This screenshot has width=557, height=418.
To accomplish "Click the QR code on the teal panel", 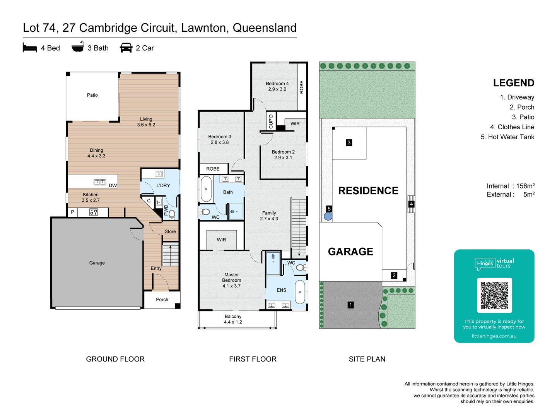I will point(494,295).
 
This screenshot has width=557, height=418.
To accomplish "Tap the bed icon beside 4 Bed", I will point(30,48).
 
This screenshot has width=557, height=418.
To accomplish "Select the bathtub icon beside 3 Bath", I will point(78,47).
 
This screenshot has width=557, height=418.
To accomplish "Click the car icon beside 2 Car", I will point(126,48).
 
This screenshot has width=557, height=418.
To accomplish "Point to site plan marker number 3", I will point(349,143).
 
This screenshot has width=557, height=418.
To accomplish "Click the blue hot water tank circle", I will point(328,216).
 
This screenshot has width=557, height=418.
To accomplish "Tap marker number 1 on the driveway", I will point(350,305).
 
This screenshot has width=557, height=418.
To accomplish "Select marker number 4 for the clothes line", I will point(411,204).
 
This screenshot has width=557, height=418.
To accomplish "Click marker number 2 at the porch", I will point(394,276).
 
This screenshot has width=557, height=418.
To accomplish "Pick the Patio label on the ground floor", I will point(92,95).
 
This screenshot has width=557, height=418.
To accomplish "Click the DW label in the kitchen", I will point(113,186).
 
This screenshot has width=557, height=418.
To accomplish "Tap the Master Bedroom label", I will point(231,280).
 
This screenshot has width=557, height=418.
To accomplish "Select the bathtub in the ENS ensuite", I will point(300,292).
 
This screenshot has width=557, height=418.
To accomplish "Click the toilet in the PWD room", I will point(172,214).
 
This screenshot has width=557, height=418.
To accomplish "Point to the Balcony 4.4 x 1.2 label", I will point(233,319).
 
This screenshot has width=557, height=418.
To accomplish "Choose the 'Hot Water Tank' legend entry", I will point(507,137).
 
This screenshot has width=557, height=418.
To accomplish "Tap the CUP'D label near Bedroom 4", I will point(271,122).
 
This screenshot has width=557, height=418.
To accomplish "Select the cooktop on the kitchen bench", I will point(93,212).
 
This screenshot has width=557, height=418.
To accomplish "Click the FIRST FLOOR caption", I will point(253,359).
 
